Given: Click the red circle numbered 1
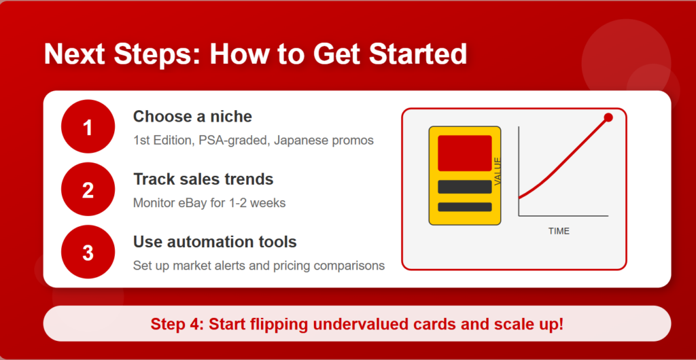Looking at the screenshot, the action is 88,126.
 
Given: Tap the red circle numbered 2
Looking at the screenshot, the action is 88,190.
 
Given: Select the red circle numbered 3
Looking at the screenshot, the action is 88,252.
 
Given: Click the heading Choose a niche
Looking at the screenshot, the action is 192,117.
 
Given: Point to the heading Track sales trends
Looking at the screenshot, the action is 203,179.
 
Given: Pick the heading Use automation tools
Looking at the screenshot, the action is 215,242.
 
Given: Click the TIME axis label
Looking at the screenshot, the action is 559,231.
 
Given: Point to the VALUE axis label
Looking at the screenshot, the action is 497,171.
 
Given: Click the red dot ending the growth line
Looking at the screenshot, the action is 608,118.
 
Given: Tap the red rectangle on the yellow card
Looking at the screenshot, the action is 465,153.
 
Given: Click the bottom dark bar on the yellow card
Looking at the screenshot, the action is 465,207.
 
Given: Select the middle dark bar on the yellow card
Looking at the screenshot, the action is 465,187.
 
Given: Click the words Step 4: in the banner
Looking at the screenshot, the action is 177,324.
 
